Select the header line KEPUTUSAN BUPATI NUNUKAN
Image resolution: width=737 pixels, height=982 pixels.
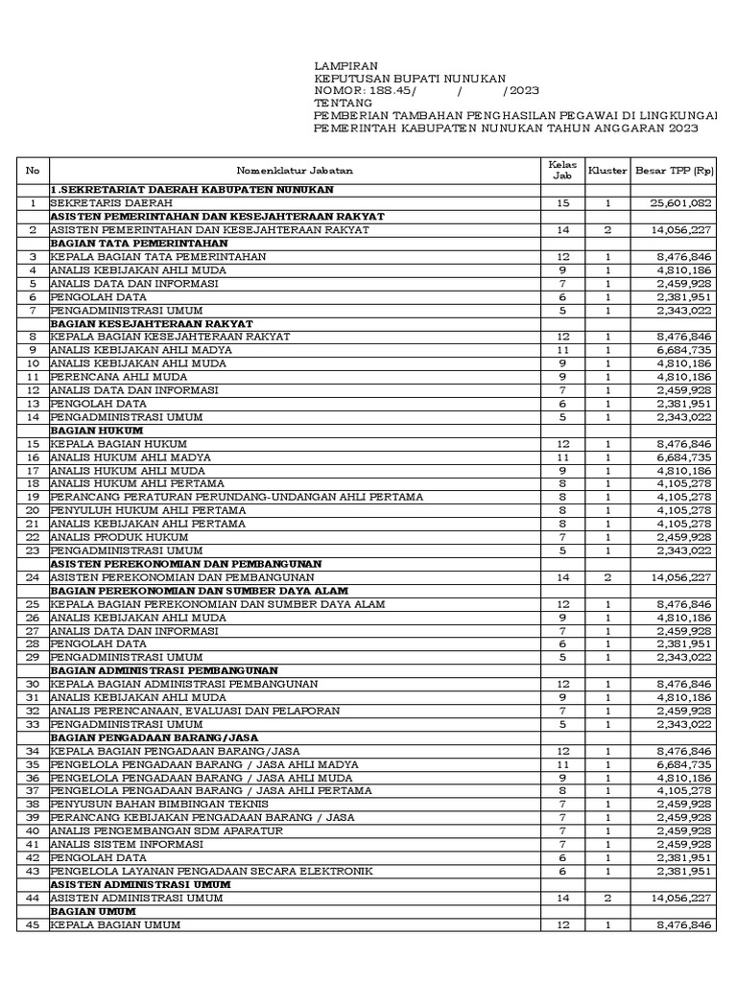(410, 78)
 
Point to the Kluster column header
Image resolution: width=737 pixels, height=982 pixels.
(607, 171)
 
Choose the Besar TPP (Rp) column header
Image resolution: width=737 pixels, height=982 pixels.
(675, 171)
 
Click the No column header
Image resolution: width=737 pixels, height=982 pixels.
(33, 171)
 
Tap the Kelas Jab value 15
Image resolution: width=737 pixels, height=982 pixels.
(562, 203)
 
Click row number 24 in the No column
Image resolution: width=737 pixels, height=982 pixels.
(33, 577)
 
